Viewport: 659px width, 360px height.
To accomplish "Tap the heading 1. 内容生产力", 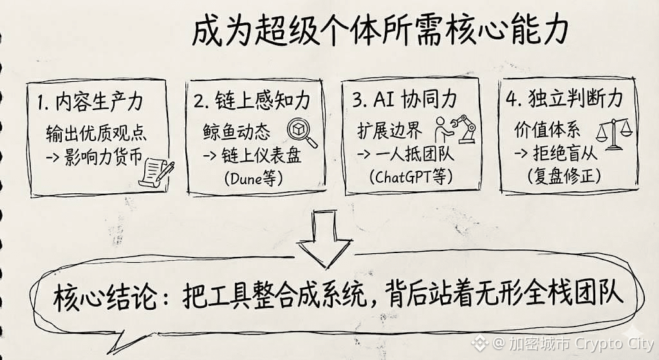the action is pyautogui.click(x=91, y=103).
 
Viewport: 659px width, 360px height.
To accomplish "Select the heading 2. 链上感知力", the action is pyautogui.click(x=252, y=101).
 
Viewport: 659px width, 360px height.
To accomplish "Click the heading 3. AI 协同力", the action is pyautogui.click(x=405, y=101).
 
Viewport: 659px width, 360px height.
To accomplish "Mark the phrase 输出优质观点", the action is pyautogui.click(x=97, y=133).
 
